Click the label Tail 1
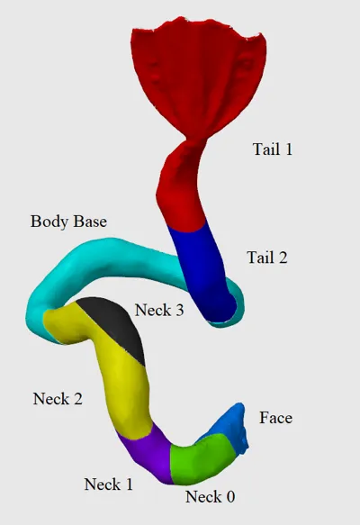tap(273, 149)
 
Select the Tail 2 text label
tap(267, 258)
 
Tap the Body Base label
tap(68, 222)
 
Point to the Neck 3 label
tap(159, 310)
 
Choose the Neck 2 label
tap(58, 399)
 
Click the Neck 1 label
tap(108, 484)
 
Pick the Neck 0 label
tap(210, 496)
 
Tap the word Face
tap(275, 418)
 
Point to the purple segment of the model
tap(148, 452)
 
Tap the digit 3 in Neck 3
tap(179, 311)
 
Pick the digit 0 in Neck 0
tap(229, 497)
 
